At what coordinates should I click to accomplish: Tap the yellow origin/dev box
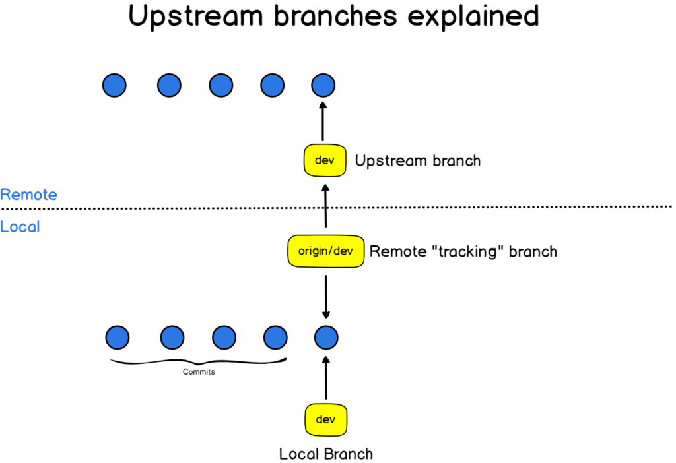[326, 251]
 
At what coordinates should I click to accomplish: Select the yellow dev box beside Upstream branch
[325, 161]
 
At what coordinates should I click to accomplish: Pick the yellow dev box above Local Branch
[325, 419]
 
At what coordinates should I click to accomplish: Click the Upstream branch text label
[418, 161]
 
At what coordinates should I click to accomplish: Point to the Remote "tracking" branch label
[463, 251]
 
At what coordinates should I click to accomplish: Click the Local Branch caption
[326, 454]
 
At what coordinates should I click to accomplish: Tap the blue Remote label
[28, 195]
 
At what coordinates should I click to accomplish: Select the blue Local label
[20, 227]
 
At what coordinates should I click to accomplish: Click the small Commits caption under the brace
[199, 372]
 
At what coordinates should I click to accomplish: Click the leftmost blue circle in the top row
[114, 84]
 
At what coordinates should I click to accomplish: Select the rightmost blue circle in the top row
[323, 84]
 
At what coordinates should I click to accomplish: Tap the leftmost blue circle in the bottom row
[117, 338]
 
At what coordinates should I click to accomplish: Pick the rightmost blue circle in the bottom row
[326, 338]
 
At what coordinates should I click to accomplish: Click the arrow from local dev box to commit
[326, 379]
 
